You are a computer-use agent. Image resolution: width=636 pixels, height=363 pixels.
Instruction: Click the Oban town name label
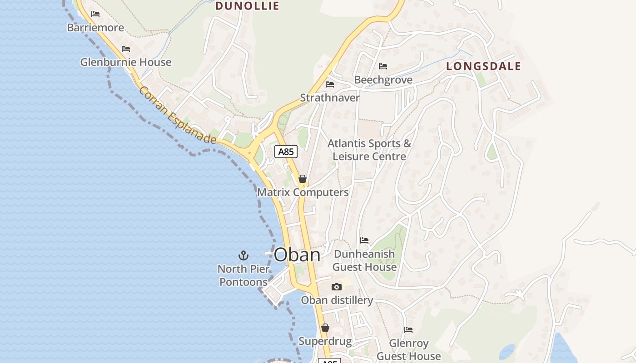tap(297, 255)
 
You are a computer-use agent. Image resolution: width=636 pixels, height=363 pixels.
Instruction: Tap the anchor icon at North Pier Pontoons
tap(243, 255)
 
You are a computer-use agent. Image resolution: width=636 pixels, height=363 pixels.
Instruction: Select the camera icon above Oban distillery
tap(336, 287)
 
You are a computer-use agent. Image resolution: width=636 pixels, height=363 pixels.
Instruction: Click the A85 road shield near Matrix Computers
tap(286, 152)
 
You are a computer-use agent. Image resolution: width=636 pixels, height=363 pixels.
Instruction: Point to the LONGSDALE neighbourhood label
tap(483, 66)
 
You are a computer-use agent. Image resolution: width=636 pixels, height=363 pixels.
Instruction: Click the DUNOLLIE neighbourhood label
tap(247, 6)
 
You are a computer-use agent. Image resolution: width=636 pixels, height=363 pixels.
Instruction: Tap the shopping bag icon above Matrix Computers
tap(303, 179)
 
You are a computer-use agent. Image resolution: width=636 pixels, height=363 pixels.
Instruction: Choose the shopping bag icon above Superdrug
tap(325, 328)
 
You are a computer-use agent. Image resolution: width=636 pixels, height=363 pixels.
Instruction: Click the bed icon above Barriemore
tap(95, 14)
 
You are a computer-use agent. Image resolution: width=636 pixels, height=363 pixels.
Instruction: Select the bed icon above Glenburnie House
tap(126, 49)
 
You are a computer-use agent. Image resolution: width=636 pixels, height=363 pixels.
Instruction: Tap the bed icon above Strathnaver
tap(330, 84)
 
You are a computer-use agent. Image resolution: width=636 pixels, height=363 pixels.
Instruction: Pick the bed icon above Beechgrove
tap(383, 66)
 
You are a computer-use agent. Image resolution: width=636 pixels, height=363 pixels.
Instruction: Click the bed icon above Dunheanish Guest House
tap(364, 240)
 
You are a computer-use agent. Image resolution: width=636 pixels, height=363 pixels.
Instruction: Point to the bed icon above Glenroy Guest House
tap(408, 330)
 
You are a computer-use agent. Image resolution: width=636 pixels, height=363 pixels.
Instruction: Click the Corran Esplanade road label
tap(178, 115)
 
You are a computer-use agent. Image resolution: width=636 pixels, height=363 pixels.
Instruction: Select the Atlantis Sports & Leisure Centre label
tap(369, 150)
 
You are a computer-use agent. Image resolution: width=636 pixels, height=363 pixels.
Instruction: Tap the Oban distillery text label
tap(337, 300)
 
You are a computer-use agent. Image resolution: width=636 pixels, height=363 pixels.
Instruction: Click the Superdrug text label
tap(325, 341)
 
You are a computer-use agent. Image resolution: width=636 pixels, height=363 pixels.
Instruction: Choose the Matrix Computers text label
tap(303, 192)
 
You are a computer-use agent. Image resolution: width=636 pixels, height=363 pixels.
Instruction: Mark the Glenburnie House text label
tap(126, 62)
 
